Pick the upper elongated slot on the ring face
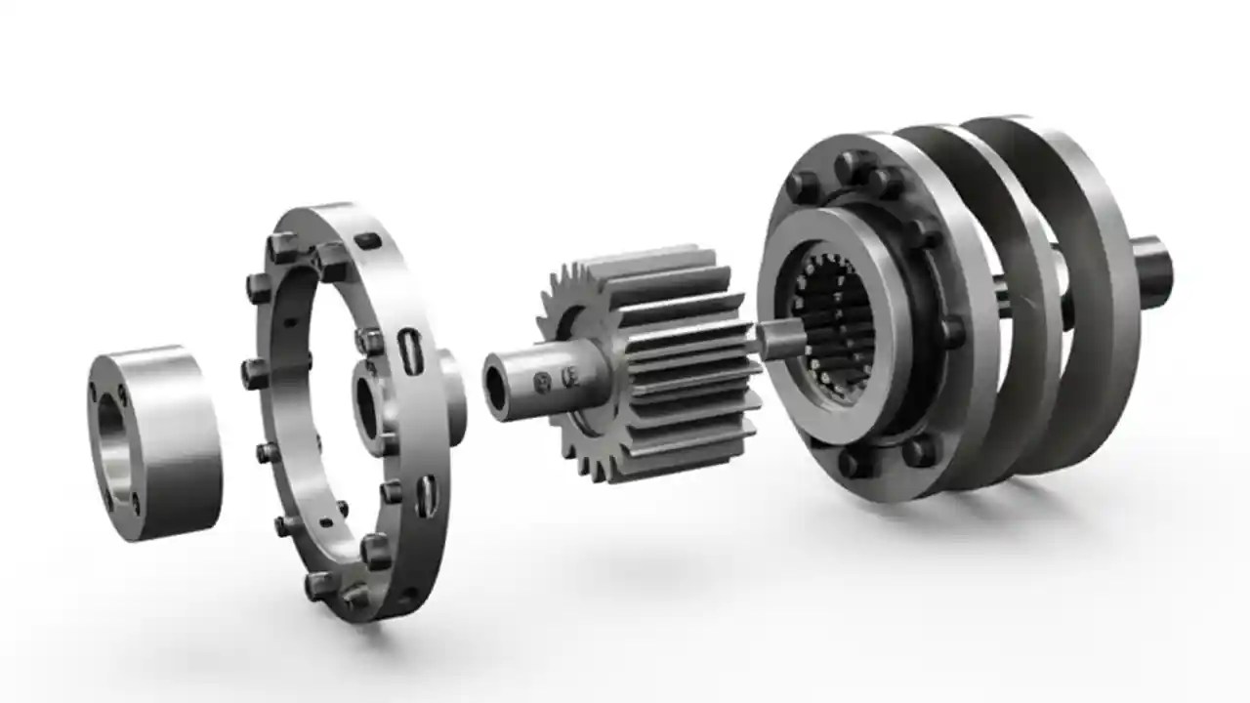coord(407,350)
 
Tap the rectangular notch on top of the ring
coord(366,240)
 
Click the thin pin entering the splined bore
coord(781,340)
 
